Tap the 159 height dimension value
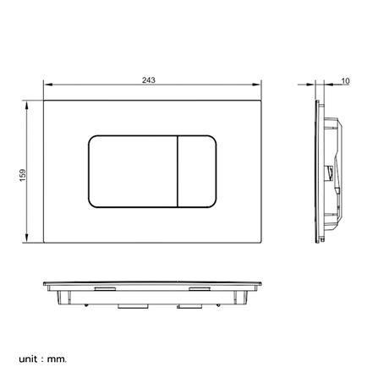[x=23, y=173]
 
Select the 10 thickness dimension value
[x=345, y=80]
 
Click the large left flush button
[x=133, y=171]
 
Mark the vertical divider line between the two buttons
[x=178, y=171]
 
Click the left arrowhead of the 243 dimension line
[x=46, y=86]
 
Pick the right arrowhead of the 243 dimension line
[x=258, y=86]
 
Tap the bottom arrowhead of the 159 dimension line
[x=30, y=240]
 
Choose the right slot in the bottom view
[x=200, y=288]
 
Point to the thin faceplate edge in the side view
[x=317, y=173]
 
